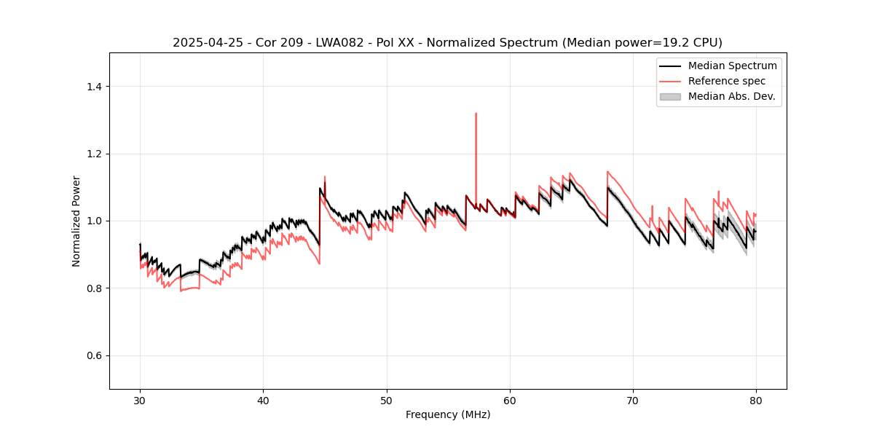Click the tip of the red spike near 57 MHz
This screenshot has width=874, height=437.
pyautogui.click(x=476, y=114)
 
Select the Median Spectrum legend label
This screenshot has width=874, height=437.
pyautogui.click(x=732, y=66)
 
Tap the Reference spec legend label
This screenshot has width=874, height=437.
pyautogui.click(x=727, y=81)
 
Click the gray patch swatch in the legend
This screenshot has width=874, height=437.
pyautogui.click(x=670, y=96)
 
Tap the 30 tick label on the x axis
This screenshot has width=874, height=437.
pyautogui.click(x=140, y=400)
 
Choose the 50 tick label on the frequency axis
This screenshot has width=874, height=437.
pyautogui.click(x=387, y=400)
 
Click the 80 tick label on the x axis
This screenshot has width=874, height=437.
pyautogui.click(x=756, y=400)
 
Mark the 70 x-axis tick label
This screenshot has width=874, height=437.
pyautogui.click(x=633, y=400)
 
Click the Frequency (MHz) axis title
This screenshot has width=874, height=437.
pyautogui.click(x=448, y=414)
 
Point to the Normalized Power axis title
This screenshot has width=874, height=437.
pyautogui.click(x=76, y=221)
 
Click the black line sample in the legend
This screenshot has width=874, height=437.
pyautogui.click(x=670, y=66)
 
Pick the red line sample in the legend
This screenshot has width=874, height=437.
pyautogui.click(x=670, y=81)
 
